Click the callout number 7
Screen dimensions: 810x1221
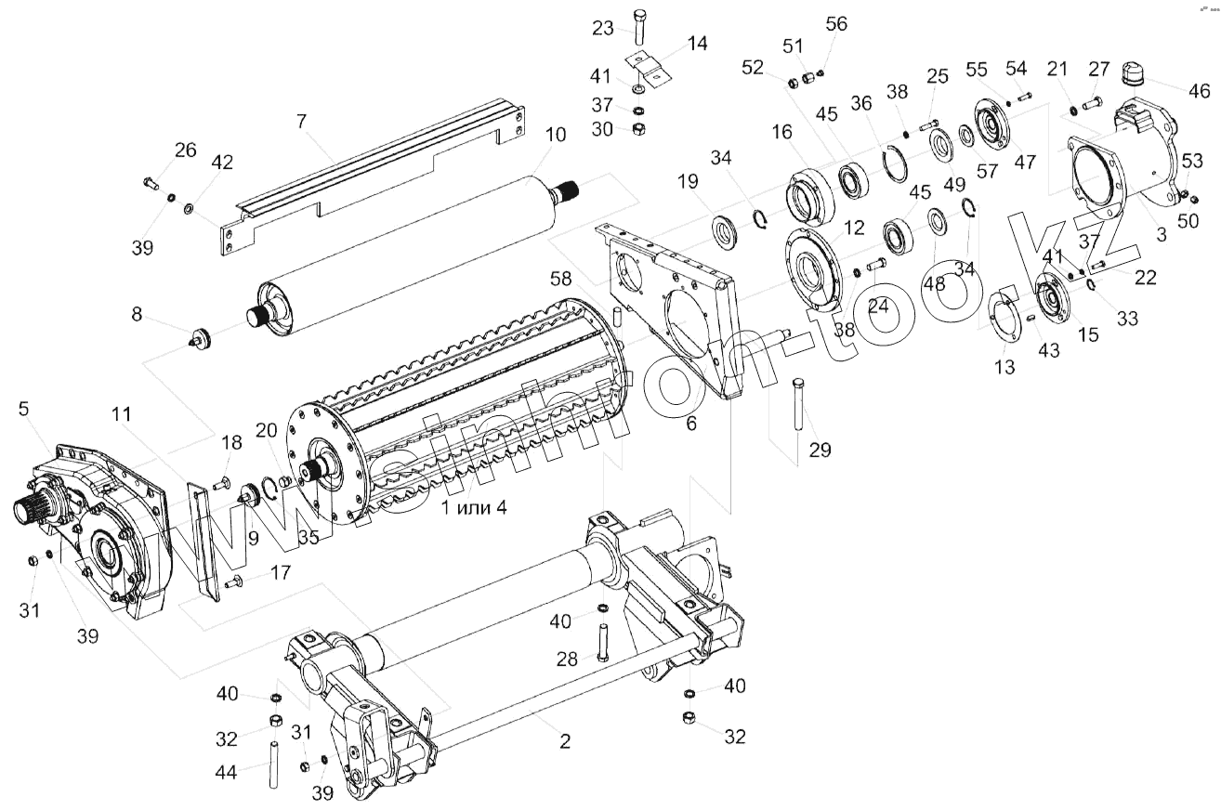point(300,122)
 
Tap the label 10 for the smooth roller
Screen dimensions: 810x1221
point(555,136)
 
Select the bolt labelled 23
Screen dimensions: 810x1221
point(640,26)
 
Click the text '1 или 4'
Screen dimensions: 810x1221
point(473,507)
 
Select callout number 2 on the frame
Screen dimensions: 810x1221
point(564,741)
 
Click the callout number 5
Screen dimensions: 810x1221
point(24,408)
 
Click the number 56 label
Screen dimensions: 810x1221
point(836,25)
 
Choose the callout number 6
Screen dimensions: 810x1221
point(690,423)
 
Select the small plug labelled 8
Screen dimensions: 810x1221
point(200,337)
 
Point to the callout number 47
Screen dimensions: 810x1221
point(1025,163)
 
